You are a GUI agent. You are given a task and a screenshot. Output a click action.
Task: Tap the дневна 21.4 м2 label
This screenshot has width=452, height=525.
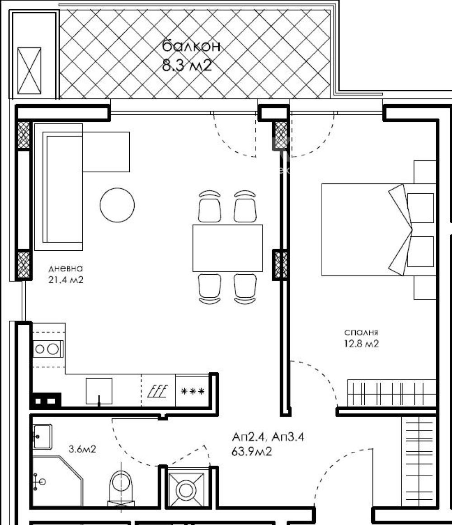tap(66, 274)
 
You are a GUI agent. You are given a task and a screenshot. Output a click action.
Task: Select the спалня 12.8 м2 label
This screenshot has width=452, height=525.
tap(360, 338)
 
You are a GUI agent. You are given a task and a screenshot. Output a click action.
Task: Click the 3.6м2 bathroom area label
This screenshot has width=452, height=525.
tap(82, 449)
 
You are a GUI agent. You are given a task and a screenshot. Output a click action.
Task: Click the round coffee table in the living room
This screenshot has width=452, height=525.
tap(117, 204)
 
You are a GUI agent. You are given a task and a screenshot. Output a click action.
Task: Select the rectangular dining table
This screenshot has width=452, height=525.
tap(228, 248)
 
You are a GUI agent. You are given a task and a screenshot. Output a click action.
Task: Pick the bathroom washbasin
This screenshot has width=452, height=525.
tap(42, 436)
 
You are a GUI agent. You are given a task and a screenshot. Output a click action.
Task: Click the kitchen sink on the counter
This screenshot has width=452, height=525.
tap(99, 391)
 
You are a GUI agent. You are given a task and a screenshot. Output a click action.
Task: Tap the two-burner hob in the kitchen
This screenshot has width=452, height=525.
tap(47, 349)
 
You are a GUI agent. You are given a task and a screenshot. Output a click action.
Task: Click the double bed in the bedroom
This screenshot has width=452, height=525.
tap(367, 230)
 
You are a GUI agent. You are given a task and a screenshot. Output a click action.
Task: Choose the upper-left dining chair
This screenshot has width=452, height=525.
tap(209, 206)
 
